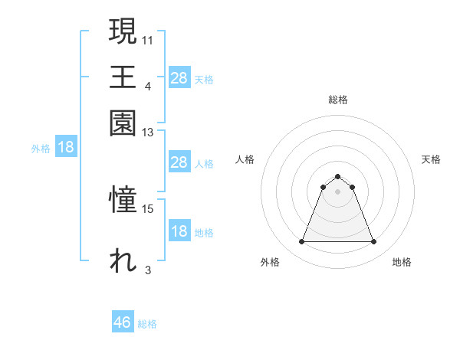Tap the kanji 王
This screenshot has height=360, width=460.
123,77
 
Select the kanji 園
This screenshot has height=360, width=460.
123,123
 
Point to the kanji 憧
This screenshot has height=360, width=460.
123,201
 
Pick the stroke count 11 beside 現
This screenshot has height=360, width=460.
148,38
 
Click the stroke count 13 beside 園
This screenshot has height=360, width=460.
148,132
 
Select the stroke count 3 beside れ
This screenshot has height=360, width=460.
148,270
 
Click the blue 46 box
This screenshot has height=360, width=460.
123,322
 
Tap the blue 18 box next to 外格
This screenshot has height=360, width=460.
66,148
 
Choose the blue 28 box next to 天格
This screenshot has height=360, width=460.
179,78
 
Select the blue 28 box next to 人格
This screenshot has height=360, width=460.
179,162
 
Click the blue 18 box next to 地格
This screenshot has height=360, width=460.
179,232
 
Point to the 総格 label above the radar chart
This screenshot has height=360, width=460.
337,100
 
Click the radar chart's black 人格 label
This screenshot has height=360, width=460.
245,159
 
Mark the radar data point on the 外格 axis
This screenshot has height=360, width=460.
301,242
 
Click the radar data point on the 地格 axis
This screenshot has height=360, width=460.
373,242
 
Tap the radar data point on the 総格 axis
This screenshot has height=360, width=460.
337,177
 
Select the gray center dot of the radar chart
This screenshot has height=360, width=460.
337,191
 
